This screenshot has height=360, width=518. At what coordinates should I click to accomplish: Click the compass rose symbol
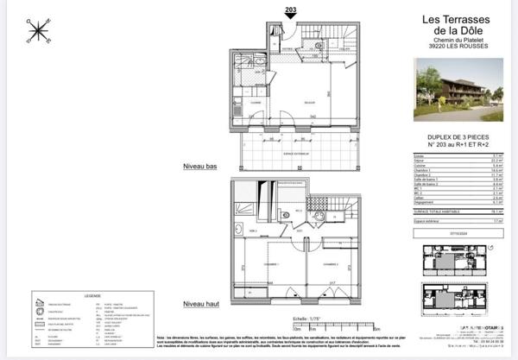[x=39, y=31]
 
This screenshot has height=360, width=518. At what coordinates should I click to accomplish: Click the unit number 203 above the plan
[x=290, y=8]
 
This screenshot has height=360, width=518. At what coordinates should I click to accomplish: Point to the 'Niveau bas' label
[x=199, y=165]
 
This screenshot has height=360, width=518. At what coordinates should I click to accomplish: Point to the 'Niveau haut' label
[x=199, y=304]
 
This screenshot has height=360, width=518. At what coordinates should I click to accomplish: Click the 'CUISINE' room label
[x=256, y=103]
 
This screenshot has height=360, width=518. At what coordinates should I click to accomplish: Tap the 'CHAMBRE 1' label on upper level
[x=270, y=264]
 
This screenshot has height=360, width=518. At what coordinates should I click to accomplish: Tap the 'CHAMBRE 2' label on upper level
[x=335, y=264]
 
